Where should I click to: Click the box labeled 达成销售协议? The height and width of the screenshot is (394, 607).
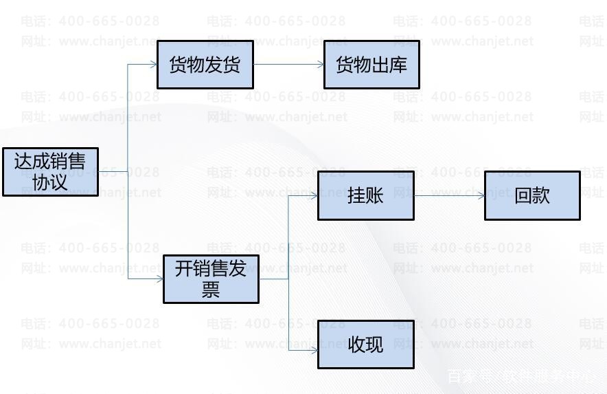pos(50,172)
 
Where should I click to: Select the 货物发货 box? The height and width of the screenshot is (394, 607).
pos(205,65)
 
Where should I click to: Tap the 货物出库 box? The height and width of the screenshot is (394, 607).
pos(371,65)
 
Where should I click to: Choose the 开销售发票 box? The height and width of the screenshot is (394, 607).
pos(211,278)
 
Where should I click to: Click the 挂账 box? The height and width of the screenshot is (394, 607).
pos(365,196)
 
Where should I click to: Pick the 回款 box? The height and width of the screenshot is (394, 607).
pos(532,196)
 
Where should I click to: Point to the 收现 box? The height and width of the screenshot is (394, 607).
pos(365,344)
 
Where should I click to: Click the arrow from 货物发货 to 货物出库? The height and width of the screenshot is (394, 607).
pos(288,65)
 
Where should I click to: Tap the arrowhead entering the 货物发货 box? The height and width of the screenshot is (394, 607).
pos(153,65)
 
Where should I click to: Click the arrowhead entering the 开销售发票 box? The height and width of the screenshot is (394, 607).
pos(159,278)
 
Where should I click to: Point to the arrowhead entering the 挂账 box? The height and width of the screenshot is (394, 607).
pos(314,196)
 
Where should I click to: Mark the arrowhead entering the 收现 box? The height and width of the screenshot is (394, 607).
pos(314,350)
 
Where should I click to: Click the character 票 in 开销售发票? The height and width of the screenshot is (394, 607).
pos(211,289)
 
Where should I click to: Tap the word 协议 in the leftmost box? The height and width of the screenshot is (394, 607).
pos(50,182)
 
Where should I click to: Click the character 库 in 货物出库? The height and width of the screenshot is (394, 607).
pos(398,65)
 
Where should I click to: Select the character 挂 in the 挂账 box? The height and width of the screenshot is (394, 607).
pos(356,196)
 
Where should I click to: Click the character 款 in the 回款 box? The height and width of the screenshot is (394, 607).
pos(541,196)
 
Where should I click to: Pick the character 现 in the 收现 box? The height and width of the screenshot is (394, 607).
pos(374,344)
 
